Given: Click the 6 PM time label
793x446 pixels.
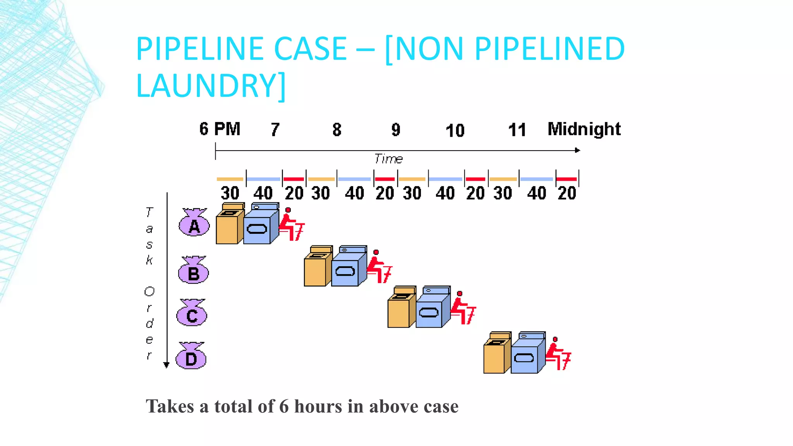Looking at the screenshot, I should tap(220, 129).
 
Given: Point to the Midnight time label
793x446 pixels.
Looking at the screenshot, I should tap(584, 129).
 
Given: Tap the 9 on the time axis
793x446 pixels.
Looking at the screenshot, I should tap(396, 130).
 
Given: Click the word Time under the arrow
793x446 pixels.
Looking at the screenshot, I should tap(388, 159).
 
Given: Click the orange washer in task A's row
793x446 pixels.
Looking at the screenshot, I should tap(229, 224).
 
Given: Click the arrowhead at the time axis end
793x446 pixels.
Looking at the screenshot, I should tap(577, 150).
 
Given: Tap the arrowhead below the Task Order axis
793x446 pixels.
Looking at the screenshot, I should tap(166, 365).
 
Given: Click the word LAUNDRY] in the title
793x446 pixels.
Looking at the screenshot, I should tap(211, 86).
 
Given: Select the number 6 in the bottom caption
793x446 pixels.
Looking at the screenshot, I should tap(284, 407).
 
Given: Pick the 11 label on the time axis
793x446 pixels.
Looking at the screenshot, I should tap(517, 130).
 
